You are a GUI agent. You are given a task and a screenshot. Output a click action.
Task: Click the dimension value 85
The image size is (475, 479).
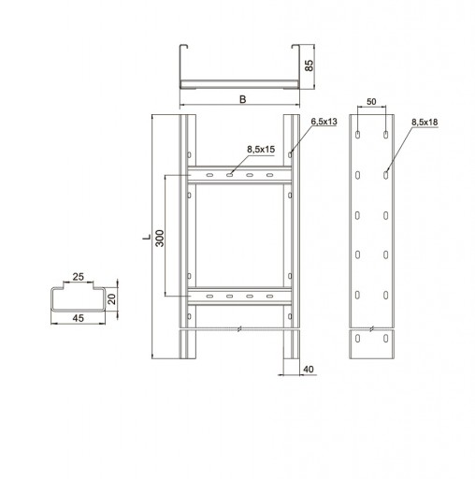point(309,65)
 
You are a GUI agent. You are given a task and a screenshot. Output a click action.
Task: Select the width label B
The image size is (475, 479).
point(242,99)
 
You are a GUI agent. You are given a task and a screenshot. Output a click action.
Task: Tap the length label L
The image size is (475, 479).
point(147,237)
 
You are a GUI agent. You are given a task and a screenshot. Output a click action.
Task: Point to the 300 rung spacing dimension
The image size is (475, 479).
point(160,239)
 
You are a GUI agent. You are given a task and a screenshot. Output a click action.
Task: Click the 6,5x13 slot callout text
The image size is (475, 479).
point(324,122)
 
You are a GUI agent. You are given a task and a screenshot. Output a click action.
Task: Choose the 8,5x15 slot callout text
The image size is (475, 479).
point(261,150)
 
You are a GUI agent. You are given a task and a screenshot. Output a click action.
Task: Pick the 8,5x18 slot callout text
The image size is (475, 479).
point(425,123)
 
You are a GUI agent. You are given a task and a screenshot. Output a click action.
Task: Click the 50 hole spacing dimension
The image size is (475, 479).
point(371,102)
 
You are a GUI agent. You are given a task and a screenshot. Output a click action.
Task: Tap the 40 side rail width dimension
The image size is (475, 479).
point(309,370)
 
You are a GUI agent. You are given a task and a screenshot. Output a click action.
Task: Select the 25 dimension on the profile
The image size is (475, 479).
point(79,277)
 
